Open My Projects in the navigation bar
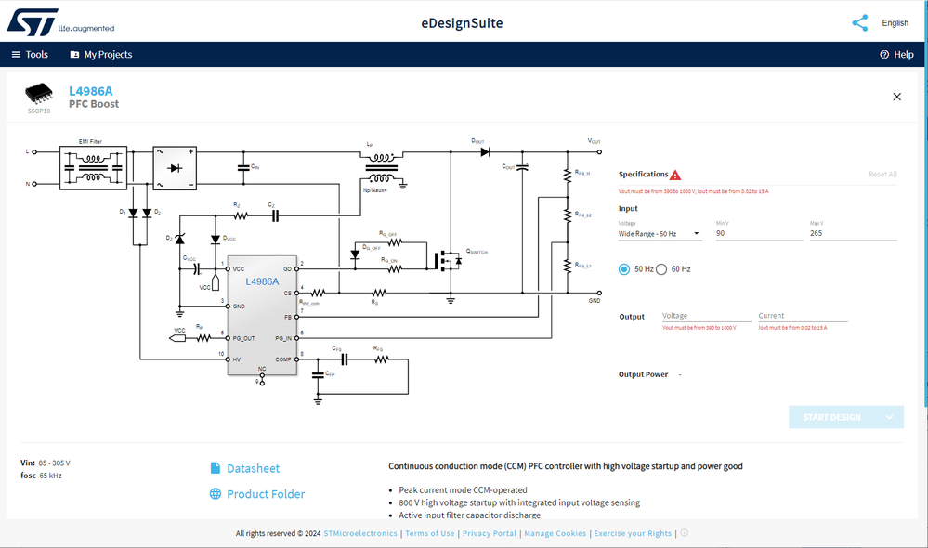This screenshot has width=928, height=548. point(100,55)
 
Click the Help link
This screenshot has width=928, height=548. point(896,55)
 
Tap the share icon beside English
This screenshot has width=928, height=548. point(859,23)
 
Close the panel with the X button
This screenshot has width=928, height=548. point(896,97)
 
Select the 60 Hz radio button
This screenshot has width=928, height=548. point(661,269)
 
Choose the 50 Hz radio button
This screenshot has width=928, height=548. point(624,269)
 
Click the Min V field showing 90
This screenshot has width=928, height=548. point(758,234)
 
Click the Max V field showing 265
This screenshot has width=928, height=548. point(853,234)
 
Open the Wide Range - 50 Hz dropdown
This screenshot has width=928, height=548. point(660,234)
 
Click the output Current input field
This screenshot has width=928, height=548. point(802,317)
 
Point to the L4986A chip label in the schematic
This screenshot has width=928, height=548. point(263,281)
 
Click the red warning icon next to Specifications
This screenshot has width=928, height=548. point(675,175)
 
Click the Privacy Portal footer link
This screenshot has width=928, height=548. point(490,533)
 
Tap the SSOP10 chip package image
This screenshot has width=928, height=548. point(39,93)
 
